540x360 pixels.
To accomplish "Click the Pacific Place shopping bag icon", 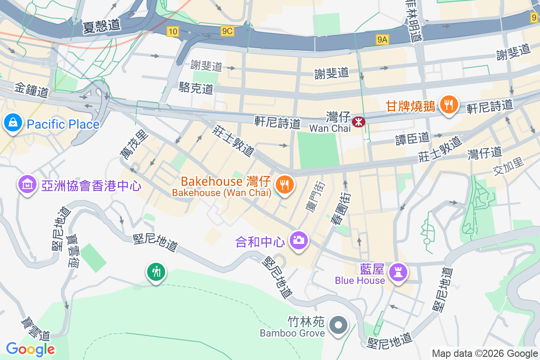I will tap(13, 122).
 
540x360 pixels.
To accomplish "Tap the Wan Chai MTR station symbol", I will tap(359, 121).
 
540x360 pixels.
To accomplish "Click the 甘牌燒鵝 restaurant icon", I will tap(448, 105).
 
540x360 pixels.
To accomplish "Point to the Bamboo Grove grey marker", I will tap(337, 325).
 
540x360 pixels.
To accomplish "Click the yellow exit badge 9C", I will tap(227, 31).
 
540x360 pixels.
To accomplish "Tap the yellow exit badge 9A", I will tap(382, 40).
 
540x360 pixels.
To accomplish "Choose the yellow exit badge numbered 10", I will tap(172, 31).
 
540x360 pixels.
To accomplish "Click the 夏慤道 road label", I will tap(102, 26).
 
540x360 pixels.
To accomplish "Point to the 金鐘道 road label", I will tap(31, 90).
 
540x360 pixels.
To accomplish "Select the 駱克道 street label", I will tap(196, 88).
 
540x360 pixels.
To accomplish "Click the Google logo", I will tap(31, 349).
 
